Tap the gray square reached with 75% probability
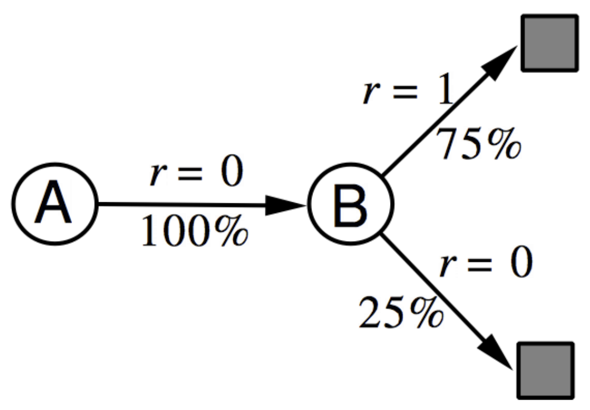coord(549,43)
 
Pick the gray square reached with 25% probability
coord(545,370)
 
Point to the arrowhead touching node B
coord(287,205)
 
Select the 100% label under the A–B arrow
coord(194,231)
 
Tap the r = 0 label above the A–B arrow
coord(196,174)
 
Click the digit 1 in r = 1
coord(446,92)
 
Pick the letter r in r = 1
coord(371,94)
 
